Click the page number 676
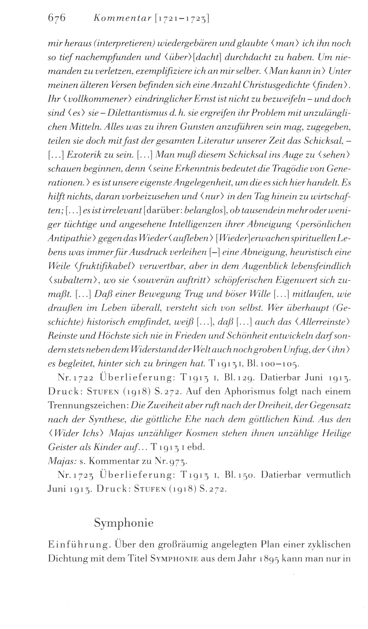[x=57, y=18]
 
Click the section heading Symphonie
[x=124, y=523]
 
